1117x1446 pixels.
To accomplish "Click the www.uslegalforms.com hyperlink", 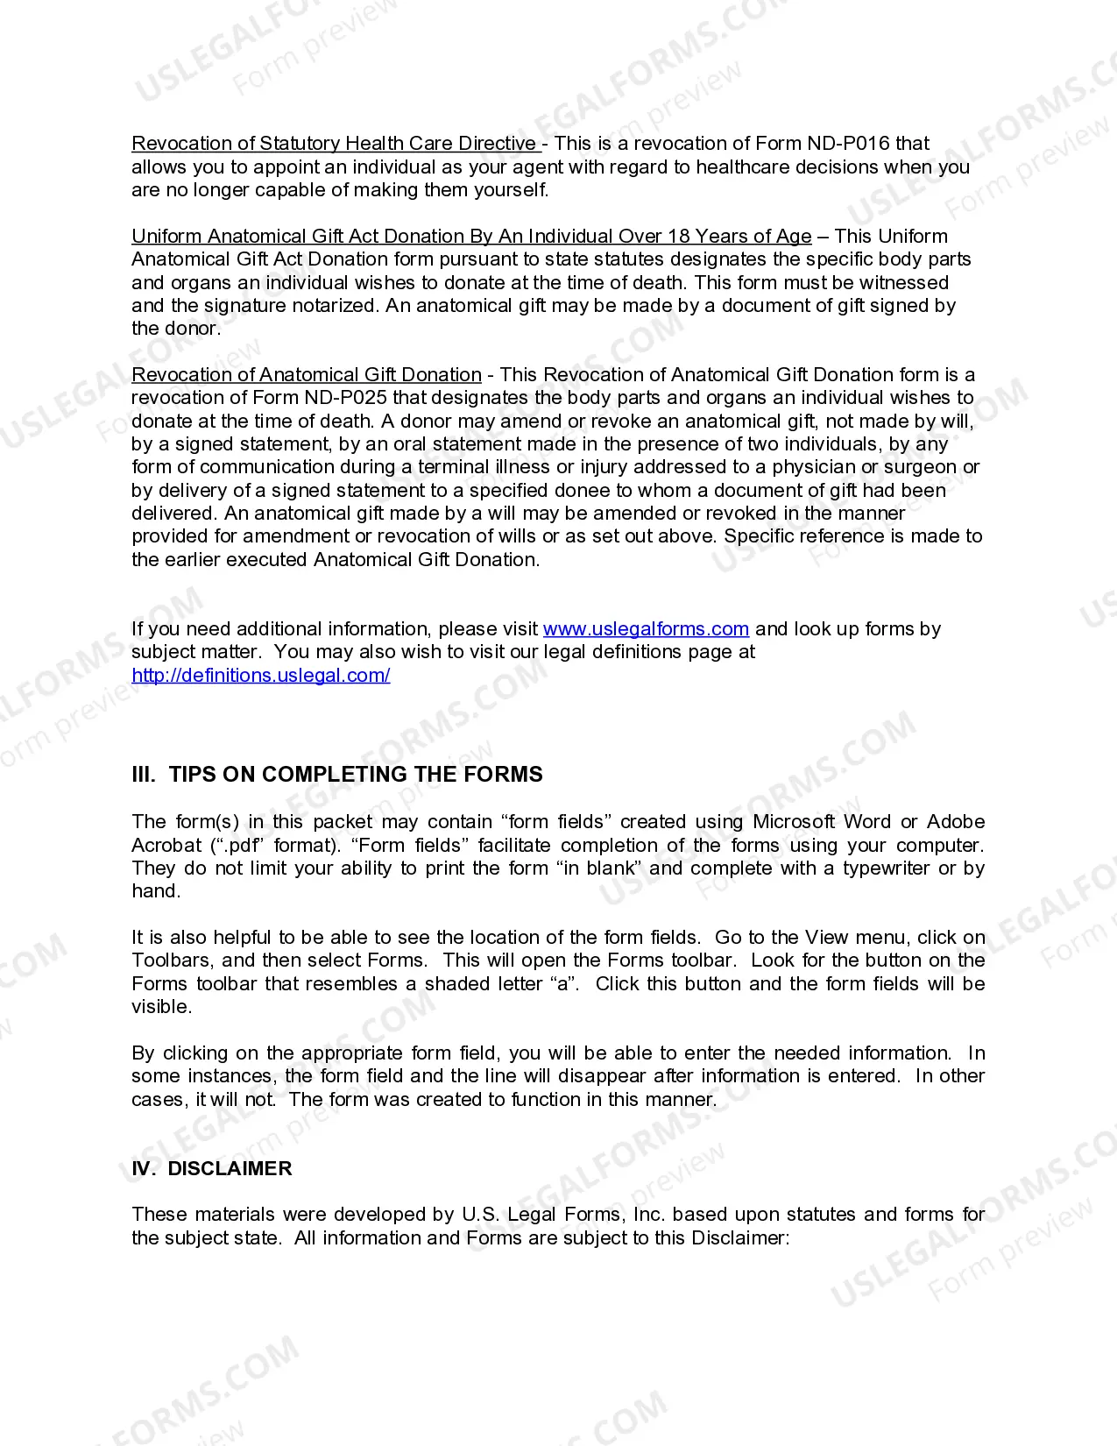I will pyautogui.click(x=646, y=629).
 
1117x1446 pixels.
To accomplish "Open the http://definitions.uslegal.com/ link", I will pyautogui.click(x=260, y=675).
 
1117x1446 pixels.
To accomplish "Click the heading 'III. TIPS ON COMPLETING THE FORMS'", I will pyautogui.click(x=336, y=775).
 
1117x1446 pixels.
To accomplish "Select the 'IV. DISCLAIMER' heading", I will pyautogui.click(x=211, y=1169).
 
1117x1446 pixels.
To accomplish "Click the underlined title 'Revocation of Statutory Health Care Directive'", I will pyautogui.click(x=334, y=144).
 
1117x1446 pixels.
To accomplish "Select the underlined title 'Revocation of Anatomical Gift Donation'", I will pyautogui.click(x=306, y=375).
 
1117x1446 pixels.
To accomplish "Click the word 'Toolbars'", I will pyautogui.click(x=167, y=960).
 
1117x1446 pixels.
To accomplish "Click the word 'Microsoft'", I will pyautogui.click(x=794, y=822).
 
